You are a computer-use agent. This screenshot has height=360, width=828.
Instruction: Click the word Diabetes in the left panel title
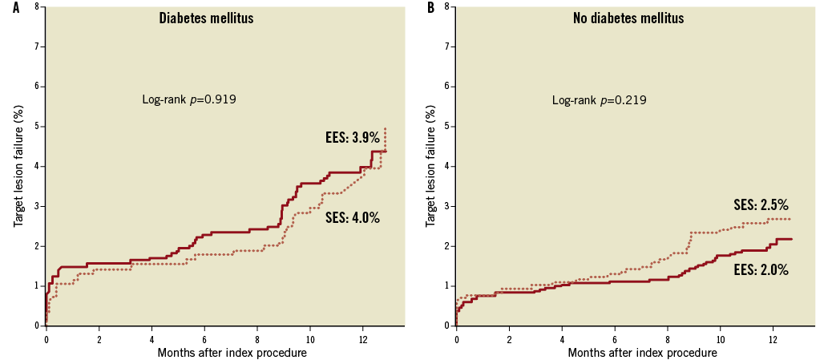click(183, 18)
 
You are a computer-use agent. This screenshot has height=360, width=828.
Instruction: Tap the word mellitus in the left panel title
click(231, 18)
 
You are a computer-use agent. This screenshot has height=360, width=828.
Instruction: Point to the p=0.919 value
click(212, 100)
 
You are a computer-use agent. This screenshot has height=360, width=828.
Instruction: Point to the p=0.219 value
click(623, 100)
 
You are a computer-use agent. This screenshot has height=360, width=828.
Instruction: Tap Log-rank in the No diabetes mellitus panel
click(573, 100)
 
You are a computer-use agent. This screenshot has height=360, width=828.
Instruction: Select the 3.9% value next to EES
click(365, 138)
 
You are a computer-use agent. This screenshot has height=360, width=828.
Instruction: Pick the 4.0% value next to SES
click(365, 217)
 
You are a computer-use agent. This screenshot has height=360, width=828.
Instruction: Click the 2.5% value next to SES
click(773, 204)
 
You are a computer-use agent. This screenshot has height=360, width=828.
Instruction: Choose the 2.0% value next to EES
click(773, 270)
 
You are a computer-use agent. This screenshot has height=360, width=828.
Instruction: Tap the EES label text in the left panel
click(334, 138)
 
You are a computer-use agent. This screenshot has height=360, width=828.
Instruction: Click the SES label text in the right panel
click(745, 204)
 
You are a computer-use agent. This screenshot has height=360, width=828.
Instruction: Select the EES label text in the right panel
click(745, 270)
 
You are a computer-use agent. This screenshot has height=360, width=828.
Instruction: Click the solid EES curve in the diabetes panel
click(224, 232)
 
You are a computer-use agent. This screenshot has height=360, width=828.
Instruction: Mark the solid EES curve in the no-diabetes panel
click(625, 282)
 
